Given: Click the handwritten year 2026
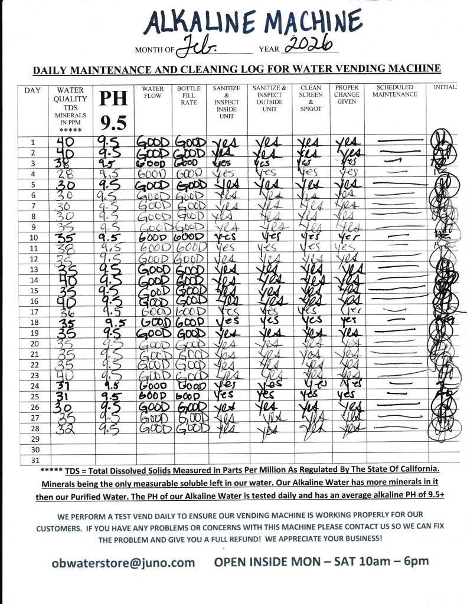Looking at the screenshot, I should [x=308, y=44].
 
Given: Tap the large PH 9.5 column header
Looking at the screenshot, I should [x=113, y=110].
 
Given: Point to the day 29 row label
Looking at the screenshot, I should [x=34, y=440].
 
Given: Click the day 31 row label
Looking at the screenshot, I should [x=34, y=460].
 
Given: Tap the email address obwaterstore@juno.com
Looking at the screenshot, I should [x=123, y=562].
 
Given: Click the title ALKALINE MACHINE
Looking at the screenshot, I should [x=253, y=23].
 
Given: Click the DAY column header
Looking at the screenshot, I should [x=32, y=90].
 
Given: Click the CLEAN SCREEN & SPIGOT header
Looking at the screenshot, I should [x=311, y=98].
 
